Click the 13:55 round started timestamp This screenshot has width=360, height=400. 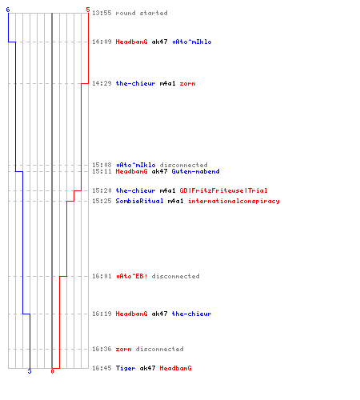[x=102, y=13]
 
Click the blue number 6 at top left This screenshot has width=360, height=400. [x=8, y=10]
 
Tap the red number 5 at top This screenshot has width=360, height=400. [x=88, y=10]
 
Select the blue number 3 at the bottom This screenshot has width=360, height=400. [x=30, y=371]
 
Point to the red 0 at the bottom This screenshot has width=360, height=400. [x=52, y=371]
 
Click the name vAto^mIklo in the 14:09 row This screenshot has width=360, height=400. [x=192, y=42]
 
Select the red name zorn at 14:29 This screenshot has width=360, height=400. [x=187, y=83]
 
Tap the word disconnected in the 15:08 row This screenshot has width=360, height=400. [x=183, y=165]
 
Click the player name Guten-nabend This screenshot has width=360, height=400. [x=195, y=171]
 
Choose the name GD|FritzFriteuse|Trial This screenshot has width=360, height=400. [x=223, y=190]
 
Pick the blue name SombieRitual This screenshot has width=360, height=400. [x=139, y=201]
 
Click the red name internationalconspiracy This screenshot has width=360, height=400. [x=234, y=201]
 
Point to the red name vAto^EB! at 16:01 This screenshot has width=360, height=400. [x=132, y=276]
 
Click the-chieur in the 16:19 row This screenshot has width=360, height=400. [x=191, y=314]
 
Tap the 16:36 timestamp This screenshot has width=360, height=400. [x=102, y=349]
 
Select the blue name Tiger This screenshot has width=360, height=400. [x=126, y=368]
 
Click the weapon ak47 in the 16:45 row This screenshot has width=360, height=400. [x=147, y=368]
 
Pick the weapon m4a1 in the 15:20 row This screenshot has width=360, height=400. [x=167, y=190]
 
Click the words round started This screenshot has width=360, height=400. [x=142, y=13]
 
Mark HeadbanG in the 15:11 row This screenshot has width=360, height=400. [x=131, y=171]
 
